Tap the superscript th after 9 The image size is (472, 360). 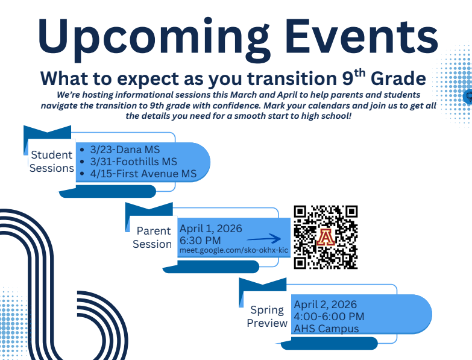click(359, 74)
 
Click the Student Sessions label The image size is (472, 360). click(52, 162)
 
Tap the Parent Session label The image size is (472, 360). click(153, 238)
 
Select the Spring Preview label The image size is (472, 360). click(267, 317)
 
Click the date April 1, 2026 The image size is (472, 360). click(210, 229)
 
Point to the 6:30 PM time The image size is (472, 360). click(200, 240)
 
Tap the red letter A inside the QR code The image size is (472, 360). click(326, 237)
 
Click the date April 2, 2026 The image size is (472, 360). click(326, 305)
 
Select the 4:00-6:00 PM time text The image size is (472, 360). click(329, 317)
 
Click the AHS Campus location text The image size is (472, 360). click(326, 329)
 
